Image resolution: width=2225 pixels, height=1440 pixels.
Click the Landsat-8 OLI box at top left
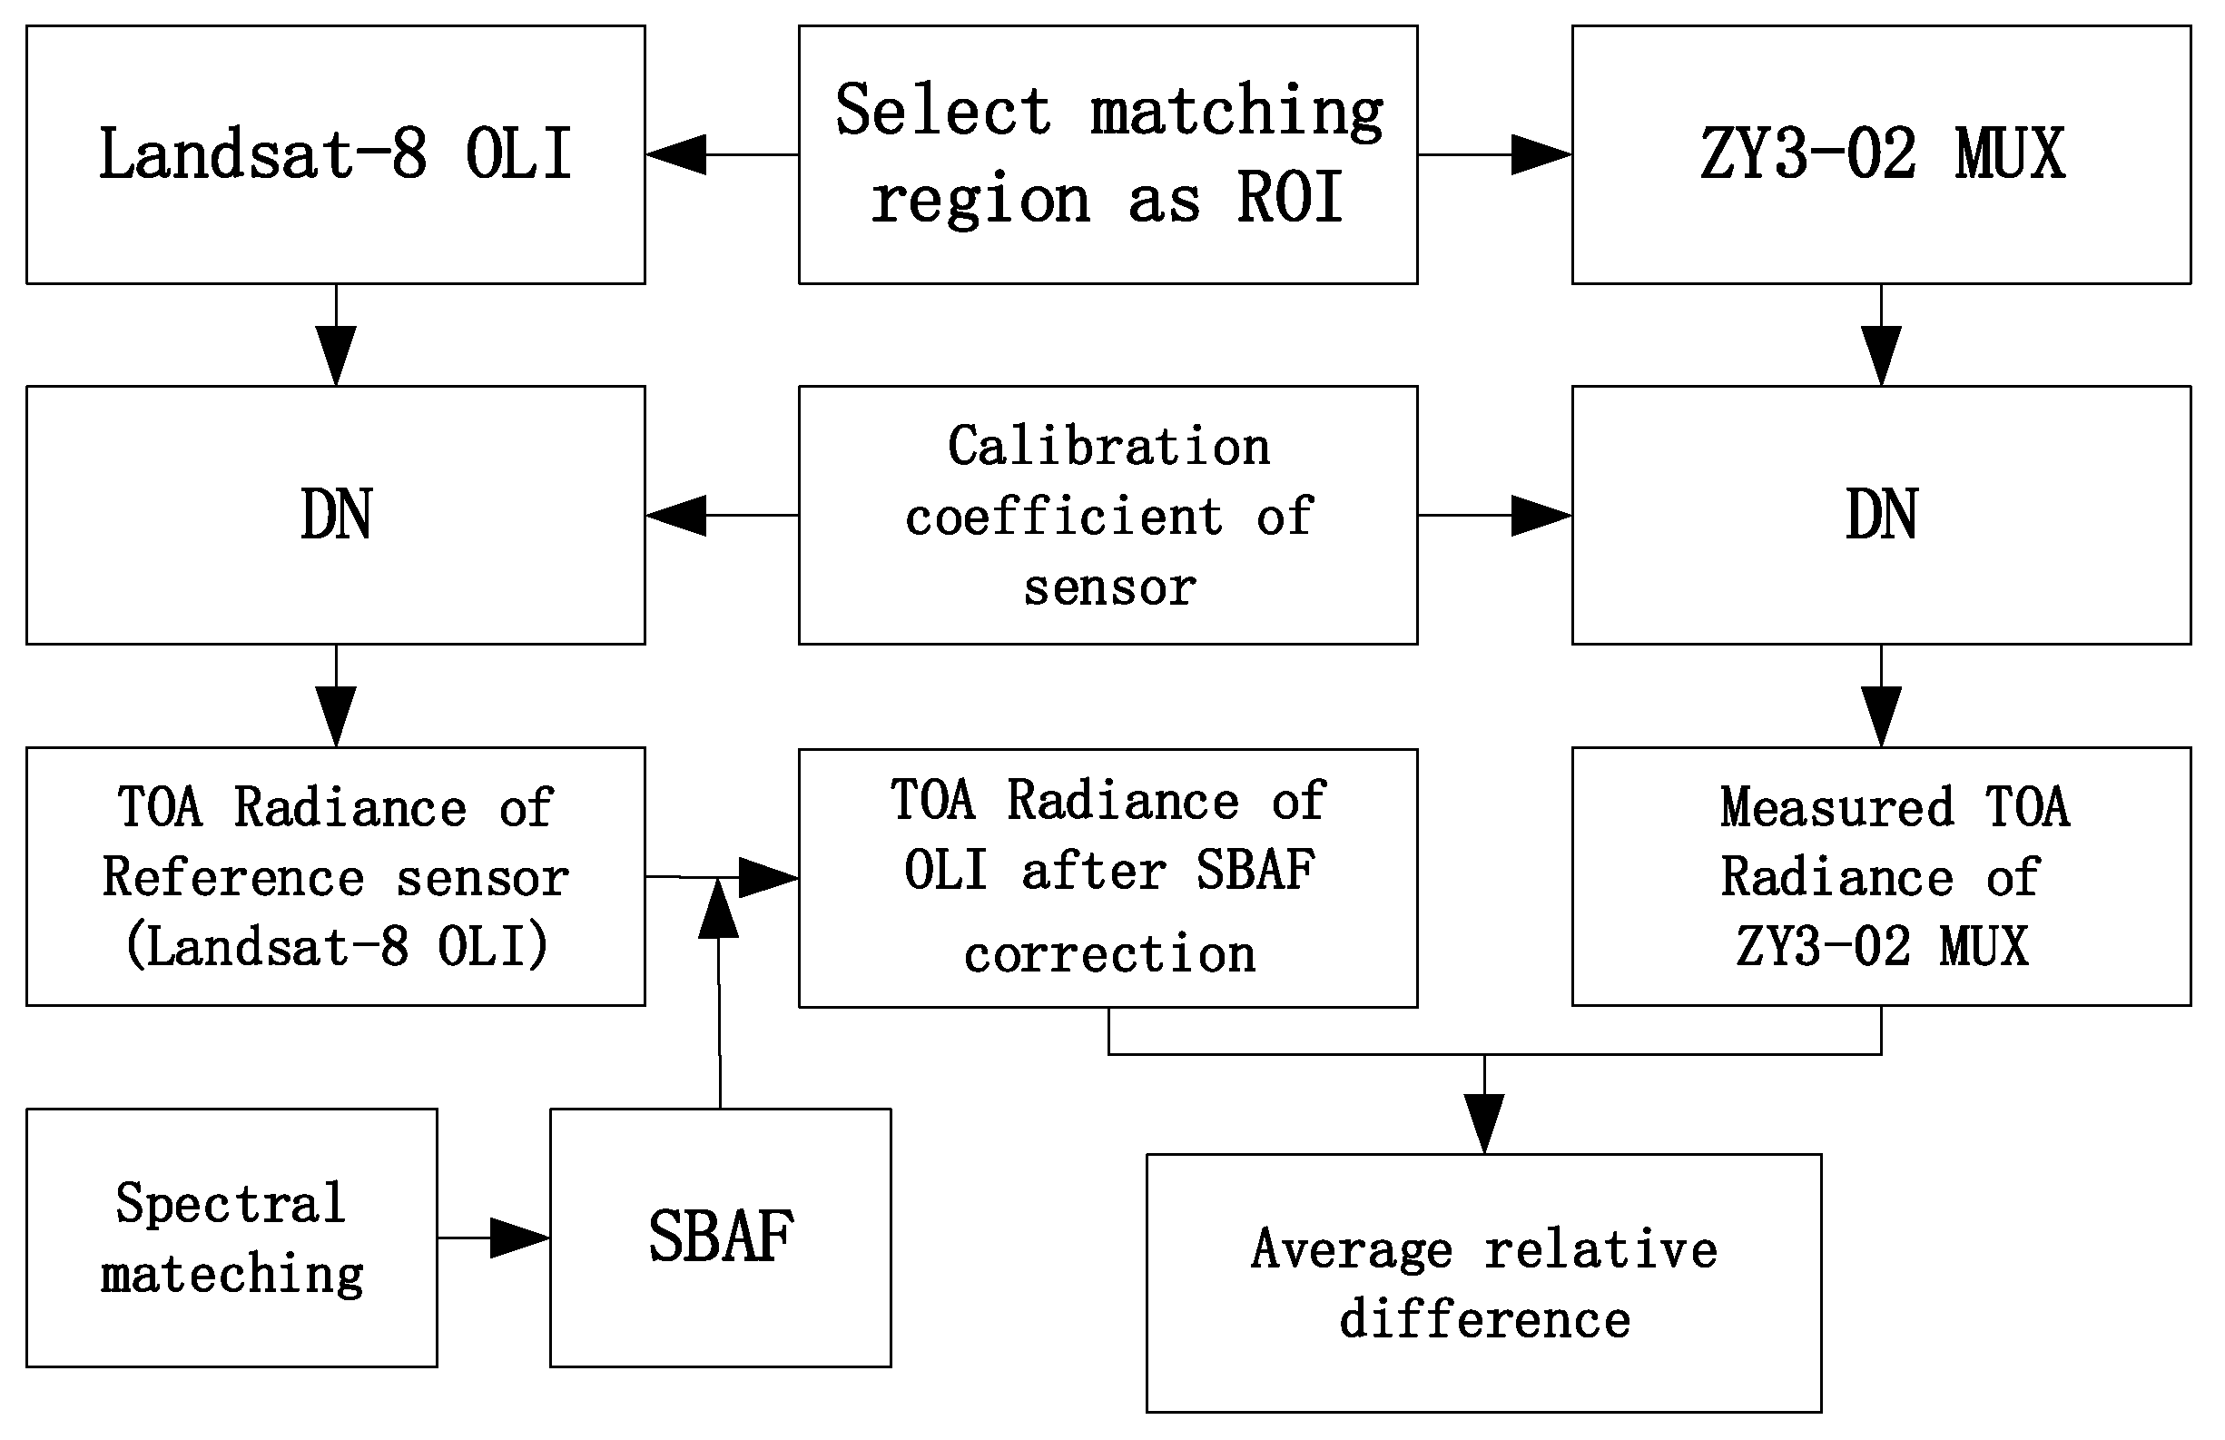click(335, 154)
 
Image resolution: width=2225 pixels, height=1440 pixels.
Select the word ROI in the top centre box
click(1290, 199)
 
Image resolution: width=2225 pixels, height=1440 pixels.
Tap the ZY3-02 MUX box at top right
click(1881, 154)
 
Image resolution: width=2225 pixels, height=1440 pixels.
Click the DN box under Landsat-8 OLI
click(335, 515)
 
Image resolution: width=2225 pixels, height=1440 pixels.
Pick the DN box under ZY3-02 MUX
click(1881, 515)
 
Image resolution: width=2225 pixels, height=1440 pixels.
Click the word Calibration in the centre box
click(1108, 447)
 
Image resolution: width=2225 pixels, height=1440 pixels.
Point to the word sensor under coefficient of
click(1109, 588)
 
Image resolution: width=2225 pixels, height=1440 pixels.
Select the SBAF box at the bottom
click(720, 1238)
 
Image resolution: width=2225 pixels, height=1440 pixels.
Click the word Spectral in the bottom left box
click(230, 1203)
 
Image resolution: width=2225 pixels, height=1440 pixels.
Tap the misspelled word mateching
click(231, 1275)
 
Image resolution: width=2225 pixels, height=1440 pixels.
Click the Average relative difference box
click(1483, 1284)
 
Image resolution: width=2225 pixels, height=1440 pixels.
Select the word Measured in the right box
click(1837, 807)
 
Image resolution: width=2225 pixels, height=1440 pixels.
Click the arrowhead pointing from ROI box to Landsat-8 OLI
click(675, 154)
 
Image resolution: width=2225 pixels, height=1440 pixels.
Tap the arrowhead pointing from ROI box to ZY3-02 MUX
click(1541, 154)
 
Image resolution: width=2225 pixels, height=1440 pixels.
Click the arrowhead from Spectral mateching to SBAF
click(519, 1238)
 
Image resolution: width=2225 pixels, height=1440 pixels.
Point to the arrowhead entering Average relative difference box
click(1483, 1124)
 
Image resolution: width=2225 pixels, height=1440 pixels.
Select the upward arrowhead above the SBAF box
click(718, 910)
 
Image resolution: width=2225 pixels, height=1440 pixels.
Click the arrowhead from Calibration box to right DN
click(1541, 515)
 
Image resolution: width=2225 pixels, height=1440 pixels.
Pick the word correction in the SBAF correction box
click(1109, 954)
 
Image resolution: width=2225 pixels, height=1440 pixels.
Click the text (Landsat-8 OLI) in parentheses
click(337, 947)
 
